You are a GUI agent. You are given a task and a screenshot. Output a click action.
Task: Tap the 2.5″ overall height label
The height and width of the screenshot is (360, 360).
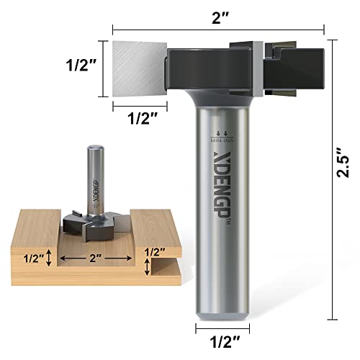[347, 163]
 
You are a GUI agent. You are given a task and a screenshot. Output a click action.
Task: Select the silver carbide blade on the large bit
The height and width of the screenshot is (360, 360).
[141, 68]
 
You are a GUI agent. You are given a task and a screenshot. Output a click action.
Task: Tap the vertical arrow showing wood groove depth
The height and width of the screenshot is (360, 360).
[48, 256]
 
